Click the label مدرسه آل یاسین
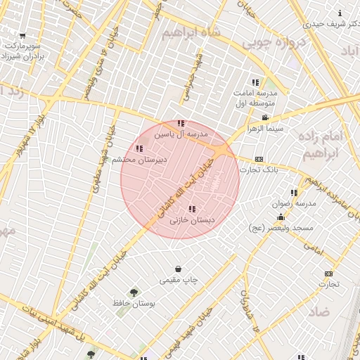click(x=182, y=134)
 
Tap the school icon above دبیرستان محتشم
click(x=139, y=148)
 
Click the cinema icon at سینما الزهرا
click(x=264, y=117)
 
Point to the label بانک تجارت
click(x=259, y=169)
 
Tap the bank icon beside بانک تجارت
click(x=258, y=160)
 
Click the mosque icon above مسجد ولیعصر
click(x=281, y=217)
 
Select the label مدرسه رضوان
click(x=296, y=203)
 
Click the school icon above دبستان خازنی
click(x=192, y=209)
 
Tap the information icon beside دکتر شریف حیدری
click(x=341, y=13)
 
